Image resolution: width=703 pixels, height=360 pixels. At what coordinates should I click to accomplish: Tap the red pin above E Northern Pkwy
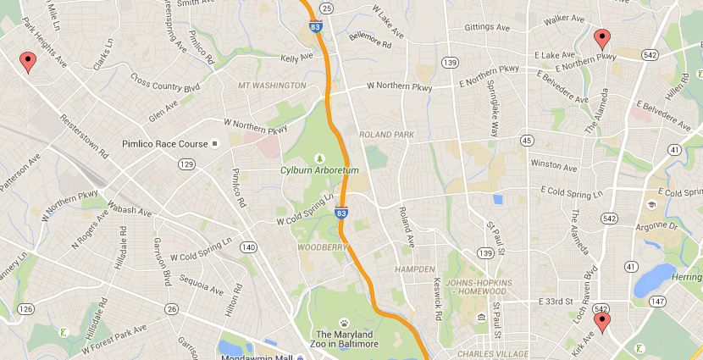(601, 38)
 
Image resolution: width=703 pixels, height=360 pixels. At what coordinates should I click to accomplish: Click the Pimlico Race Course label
(165, 143)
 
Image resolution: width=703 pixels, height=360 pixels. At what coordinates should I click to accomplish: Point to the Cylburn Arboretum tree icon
(319, 158)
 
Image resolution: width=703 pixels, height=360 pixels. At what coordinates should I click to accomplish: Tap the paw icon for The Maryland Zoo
(345, 323)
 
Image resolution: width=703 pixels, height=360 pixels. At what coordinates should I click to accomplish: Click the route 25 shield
(328, 8)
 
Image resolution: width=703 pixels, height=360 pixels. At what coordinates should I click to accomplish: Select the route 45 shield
(526, 140)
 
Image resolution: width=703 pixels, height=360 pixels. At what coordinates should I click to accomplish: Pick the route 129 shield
(187, 163)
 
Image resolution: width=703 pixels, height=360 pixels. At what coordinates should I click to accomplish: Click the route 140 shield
(248, 247)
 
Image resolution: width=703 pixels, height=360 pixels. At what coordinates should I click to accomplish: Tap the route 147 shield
(657, 302)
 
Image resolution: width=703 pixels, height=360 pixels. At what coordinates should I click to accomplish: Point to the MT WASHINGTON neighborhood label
(272, 86)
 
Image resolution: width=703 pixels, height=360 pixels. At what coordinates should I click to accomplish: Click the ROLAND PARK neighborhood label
(386, 135)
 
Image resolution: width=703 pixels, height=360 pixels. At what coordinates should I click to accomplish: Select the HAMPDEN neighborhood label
(414, 269)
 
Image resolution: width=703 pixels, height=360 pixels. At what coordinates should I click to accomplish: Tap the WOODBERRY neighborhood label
(322, 247)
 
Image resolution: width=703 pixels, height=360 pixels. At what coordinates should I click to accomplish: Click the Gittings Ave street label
(487, 27)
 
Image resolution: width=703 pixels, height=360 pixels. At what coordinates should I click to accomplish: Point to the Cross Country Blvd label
(165, 81)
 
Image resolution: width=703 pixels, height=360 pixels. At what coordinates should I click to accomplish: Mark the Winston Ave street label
(552, 163)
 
